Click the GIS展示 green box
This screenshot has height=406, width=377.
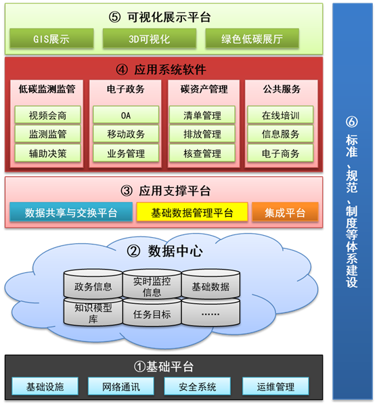click(51, 39)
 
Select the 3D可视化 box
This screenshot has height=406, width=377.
click(149, 39)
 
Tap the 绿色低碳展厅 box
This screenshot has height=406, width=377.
click(252, 39)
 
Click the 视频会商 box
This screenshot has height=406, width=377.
click(48, 115)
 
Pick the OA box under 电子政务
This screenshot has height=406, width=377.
click(126, 115)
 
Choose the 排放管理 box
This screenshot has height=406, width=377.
click(202, 134)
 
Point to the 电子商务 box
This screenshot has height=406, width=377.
click(280, 153)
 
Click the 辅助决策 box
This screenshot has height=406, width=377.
click(48, 153)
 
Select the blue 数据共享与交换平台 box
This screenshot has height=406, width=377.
click(71, 212)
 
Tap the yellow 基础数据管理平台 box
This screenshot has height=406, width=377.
click(192, 212)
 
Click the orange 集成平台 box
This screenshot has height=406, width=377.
click(285, 212)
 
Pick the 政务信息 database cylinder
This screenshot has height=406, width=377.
click(93, 284)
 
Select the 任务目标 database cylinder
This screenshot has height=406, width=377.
click(152, 312)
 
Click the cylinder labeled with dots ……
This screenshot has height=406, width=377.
click(210, 312)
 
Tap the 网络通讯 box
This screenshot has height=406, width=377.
click(121, 386)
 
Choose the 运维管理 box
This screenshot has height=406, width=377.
click(275, 386)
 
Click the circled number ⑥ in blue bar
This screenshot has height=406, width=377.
click(352, 122)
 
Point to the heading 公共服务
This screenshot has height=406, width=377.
click(282, 89)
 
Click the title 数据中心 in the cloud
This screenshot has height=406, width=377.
click(175, 251)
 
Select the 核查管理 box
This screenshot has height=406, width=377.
click(202, 153)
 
